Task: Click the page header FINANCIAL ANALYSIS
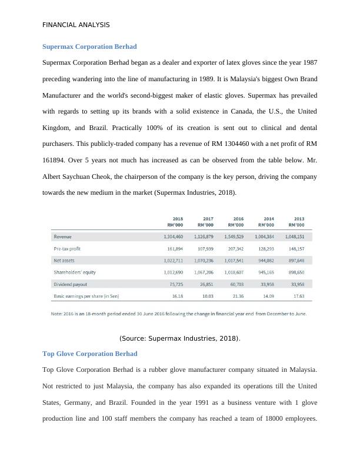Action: coord(76,25)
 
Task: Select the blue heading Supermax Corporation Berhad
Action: coord(89,46)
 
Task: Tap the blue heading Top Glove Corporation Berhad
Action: coord(90,354)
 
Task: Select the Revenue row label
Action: coord(63,237)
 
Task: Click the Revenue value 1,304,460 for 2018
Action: coord(173,237)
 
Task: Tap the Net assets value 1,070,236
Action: coord(204,260)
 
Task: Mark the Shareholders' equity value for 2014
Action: coord(265,272)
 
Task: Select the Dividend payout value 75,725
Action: coord(175,284)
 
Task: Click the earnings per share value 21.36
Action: coord(236,296)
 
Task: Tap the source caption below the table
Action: coord(179,338)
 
